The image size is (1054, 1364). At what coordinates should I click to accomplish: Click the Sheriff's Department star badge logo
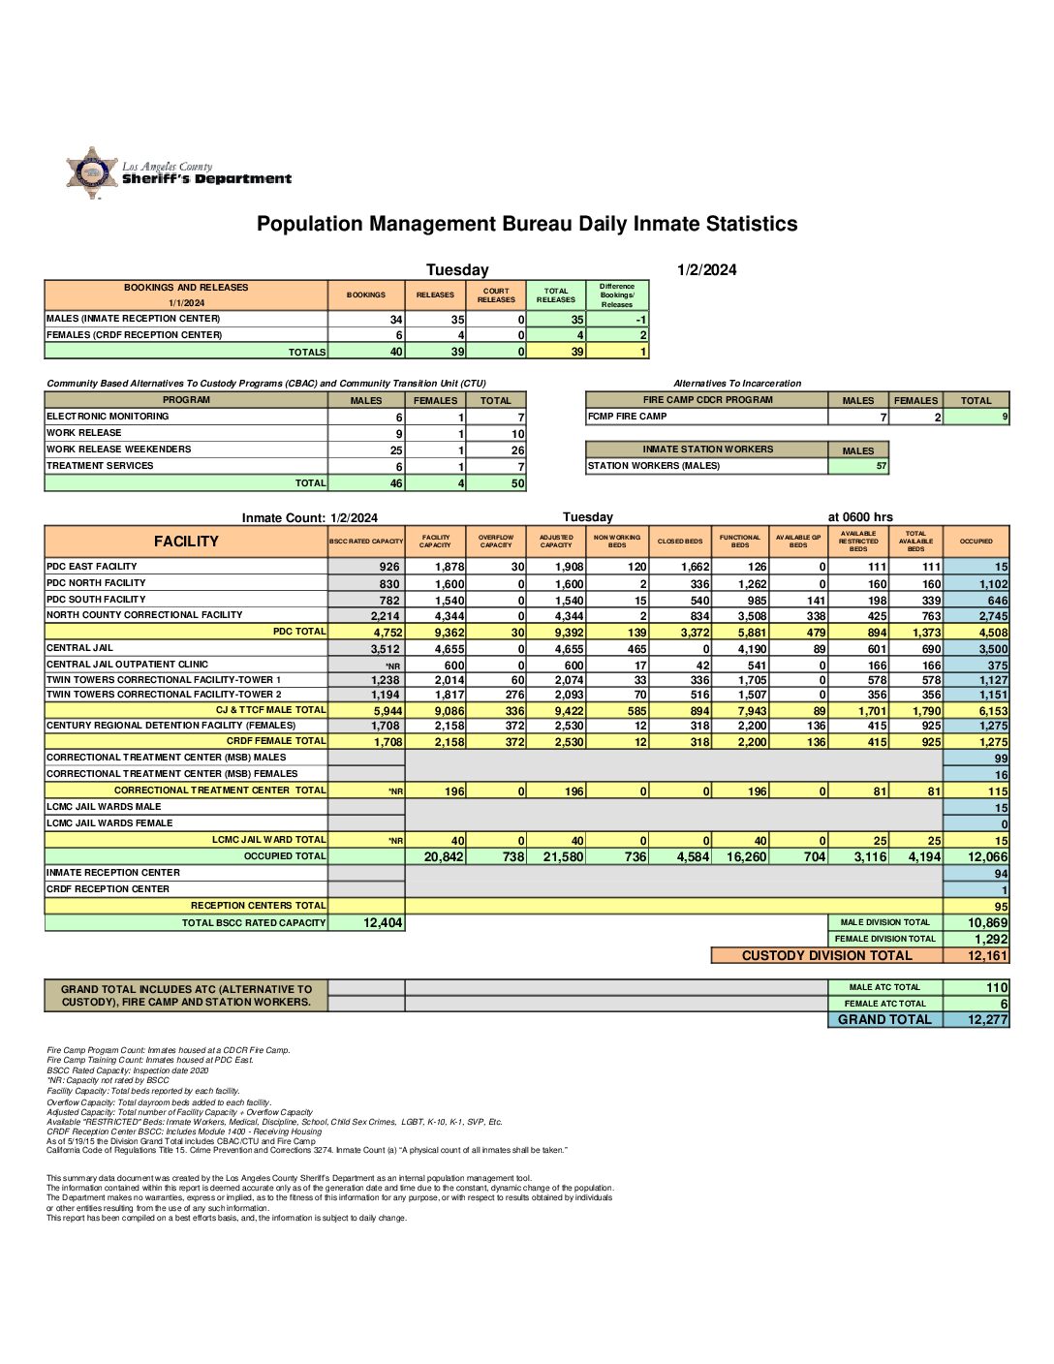coord(92,172)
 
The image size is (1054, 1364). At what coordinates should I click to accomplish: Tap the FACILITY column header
coord(186,542)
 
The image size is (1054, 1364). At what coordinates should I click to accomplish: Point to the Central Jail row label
coord(80,648)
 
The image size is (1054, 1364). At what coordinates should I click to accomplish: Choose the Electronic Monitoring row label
coord(108,417)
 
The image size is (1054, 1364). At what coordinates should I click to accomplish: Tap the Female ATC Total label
coord(884,1004)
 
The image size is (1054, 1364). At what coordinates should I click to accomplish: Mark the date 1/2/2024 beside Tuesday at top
coord(706,270)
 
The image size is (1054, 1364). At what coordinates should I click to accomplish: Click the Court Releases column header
coord(496,295)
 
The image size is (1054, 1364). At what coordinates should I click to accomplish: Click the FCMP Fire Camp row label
coord(628,417)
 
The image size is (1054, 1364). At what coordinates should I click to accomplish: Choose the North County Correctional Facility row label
coord(144,615)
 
